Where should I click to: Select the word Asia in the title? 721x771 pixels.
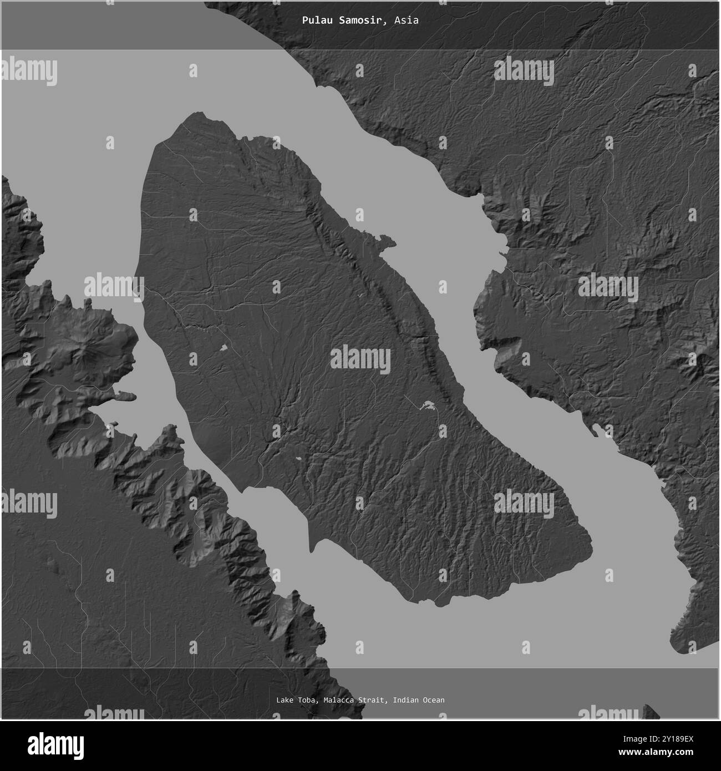coord(407,21)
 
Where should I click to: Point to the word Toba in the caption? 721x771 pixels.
coord(308,700)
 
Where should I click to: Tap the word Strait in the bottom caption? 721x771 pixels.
coord(374,700)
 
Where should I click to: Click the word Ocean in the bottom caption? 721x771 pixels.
coord(433,700)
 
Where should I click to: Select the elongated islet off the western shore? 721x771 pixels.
coord(125,397)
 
